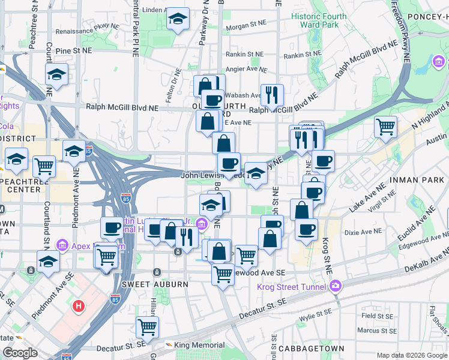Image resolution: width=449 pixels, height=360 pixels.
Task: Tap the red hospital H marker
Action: click(78, 307)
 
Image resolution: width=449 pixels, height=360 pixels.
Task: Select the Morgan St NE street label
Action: click(246, 26)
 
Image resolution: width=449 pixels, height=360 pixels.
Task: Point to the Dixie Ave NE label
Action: click(363, 231)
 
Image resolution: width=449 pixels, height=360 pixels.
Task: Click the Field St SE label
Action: click(376, 316)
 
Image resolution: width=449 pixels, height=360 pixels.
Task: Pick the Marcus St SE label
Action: click(379, 330)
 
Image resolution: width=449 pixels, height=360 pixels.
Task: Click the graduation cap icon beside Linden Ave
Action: click(178, 19)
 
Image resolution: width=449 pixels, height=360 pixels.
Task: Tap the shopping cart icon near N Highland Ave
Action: click(385, 127)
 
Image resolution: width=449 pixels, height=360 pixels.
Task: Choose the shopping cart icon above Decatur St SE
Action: click(147, 328)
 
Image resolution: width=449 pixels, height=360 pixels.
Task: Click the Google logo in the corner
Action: click(20, 353)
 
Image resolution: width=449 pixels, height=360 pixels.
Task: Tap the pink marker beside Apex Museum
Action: click(62, 245)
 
